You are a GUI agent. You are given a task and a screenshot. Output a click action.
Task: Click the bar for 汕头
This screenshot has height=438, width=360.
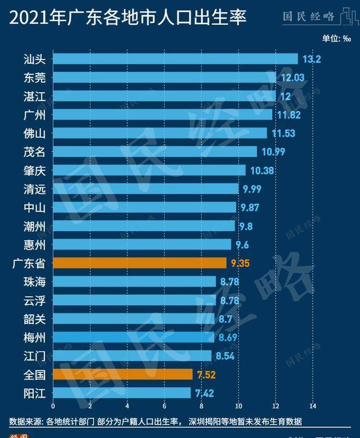coord(175,59)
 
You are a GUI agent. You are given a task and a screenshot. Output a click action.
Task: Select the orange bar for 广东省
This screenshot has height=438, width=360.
coord(139,263)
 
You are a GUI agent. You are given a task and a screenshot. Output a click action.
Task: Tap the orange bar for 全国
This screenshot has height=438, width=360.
coord(123,374)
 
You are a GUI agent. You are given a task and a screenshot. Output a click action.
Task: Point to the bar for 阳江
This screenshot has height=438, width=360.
coord(121,392)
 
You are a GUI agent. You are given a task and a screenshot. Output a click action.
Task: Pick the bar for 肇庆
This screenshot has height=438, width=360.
coord(149,170)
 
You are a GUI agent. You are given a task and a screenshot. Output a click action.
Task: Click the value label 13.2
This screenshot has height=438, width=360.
coord(312,59)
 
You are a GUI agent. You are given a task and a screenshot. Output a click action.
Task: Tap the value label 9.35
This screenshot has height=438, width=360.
coord(241,263)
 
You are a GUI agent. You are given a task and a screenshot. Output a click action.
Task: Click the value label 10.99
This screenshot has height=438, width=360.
coord(272,152)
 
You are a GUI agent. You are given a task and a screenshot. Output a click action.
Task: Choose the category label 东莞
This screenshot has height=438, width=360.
coord(35,78)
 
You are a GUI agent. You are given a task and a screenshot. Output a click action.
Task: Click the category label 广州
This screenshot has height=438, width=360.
coord(35,115)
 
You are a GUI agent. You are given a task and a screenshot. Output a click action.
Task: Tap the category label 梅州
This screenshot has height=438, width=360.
coord(35,337)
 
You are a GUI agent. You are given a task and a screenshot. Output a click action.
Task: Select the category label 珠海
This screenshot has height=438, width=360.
coord(35,281)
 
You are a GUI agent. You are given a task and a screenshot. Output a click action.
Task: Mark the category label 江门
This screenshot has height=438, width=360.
coord(35,355)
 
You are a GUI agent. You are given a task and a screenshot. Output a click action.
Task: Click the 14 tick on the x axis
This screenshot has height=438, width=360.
coord(313,406)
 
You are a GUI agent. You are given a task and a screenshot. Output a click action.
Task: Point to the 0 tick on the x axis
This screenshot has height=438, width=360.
coord(53,406)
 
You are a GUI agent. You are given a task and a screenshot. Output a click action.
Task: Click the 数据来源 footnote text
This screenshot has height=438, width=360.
coord(155,421)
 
